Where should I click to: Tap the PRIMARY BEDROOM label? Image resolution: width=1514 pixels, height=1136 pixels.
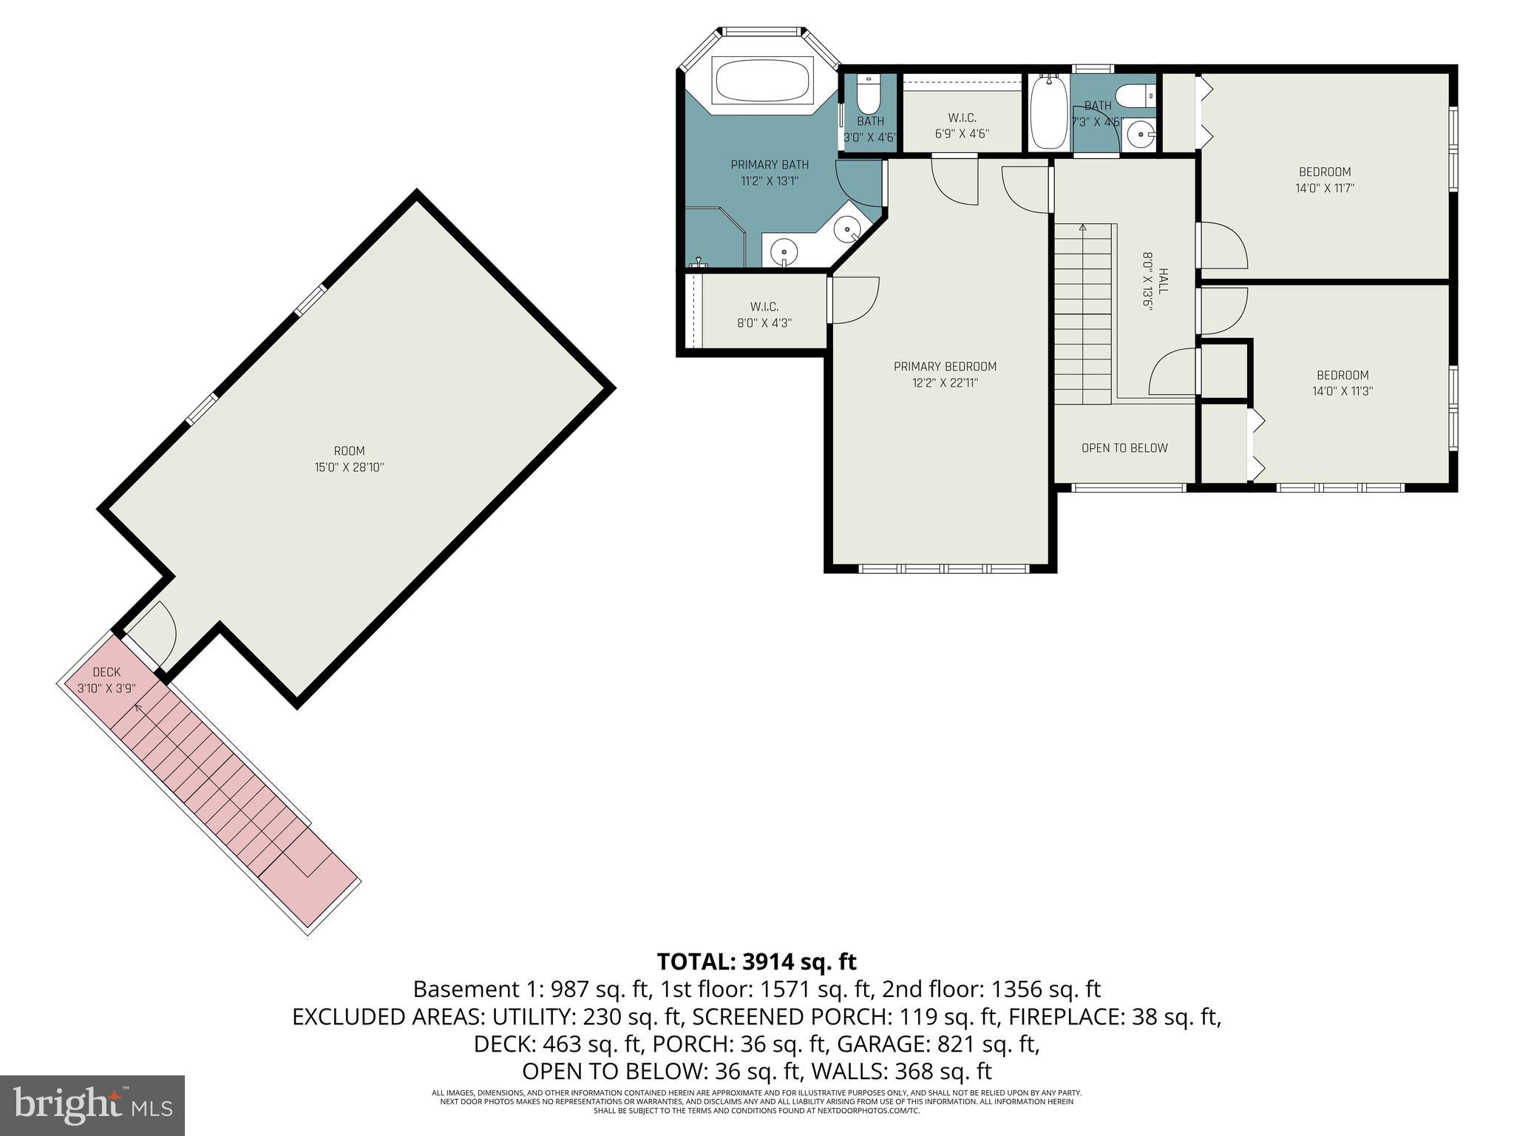pyautogui.click(x=945, y=367)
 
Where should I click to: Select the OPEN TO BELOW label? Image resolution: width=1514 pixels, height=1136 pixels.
pyautogui.click(x=1124, y=448)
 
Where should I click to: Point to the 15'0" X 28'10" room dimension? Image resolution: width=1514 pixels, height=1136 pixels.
pyautogui.click(x=349, y=467)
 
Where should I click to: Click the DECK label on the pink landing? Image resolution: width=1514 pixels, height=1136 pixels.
pyautogui.click(x=106, y=672)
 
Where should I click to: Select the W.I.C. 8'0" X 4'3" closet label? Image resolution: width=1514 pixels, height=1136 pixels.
pyautogui.click(x=764, y=315)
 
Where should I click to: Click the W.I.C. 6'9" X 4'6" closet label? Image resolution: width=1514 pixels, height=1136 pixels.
pyautogui.click(x=962, y=126)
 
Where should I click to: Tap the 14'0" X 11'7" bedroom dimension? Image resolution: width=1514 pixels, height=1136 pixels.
pyautogui.click(x=1324, y=189)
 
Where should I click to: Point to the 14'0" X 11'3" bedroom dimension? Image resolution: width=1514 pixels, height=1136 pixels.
pyautogui.click(x=1342, y=391)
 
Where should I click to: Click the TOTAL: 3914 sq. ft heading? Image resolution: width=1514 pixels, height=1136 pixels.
pyautogui.click(x=756, y=961)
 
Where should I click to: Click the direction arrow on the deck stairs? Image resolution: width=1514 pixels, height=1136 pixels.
pyautogui.click(x=138, y=709)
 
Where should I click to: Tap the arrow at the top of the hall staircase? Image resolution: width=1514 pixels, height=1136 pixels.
pyautogui.click(x=1083, y=228)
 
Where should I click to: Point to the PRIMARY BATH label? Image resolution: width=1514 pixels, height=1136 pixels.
pyautogui.click(x=770, y=165)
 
